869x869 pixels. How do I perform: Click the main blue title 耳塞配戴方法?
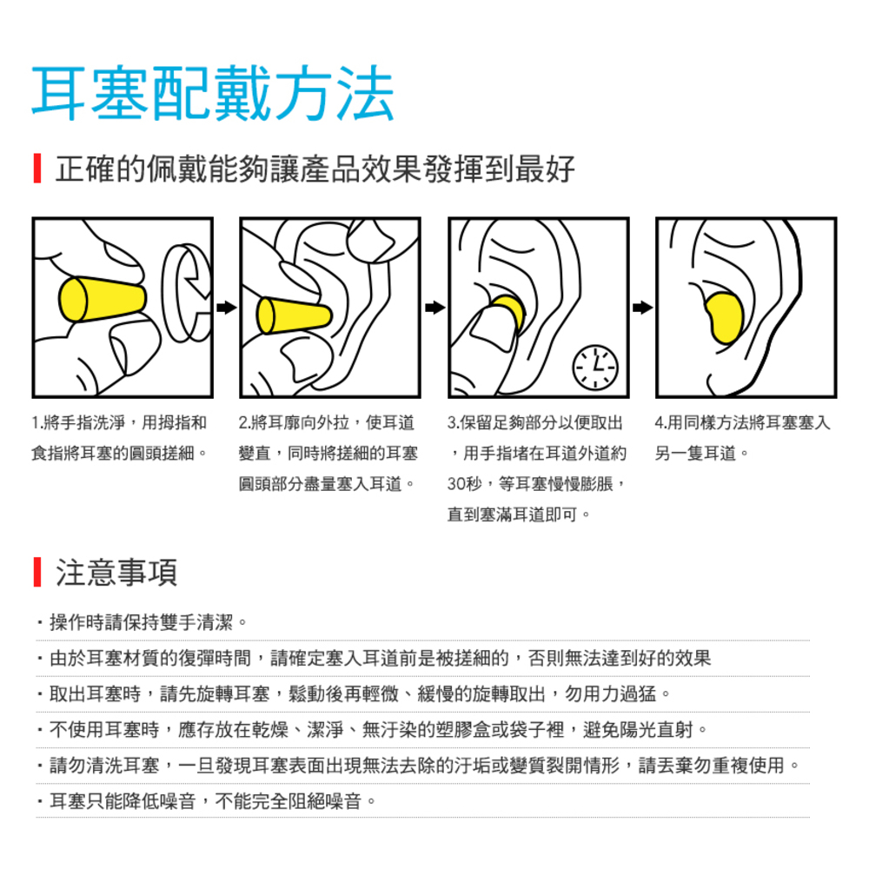click(213, 93)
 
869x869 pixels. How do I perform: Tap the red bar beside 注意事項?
click(37, 572)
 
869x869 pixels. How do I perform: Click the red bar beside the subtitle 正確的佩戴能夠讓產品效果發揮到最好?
click(37, 168)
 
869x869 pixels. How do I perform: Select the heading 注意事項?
click(116, 573)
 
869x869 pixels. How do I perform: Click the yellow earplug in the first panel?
click(102, 300)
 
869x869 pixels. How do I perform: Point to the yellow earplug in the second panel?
click(294, 315)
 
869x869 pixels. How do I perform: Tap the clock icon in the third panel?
click(594, 367)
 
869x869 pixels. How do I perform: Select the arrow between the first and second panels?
click(226, 308)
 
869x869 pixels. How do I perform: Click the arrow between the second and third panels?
click(435, 308)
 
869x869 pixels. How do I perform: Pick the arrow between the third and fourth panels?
click(643, 308)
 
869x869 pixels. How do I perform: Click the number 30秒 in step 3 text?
click(464, 484)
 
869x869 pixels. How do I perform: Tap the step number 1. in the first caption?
click(37, 423)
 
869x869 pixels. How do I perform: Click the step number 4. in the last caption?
click(660, 423)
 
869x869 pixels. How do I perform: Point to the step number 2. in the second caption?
click(245, 423)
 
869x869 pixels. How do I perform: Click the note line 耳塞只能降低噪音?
click(206, 801)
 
